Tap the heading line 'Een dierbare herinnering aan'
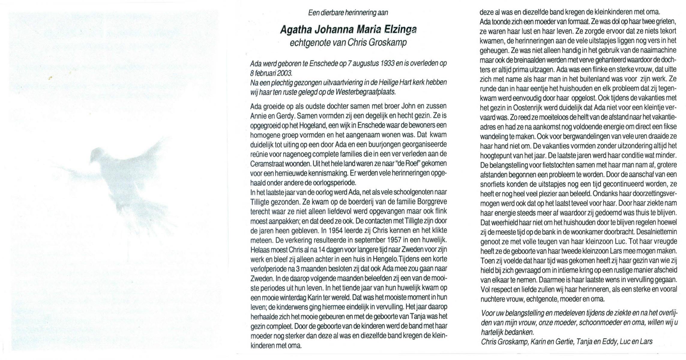point(348,13)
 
